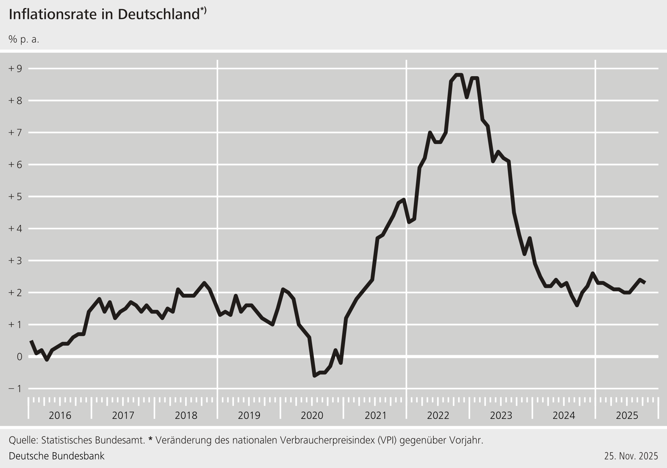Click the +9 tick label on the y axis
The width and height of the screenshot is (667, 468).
coord(15,68)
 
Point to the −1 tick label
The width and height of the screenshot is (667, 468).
coord(15,389)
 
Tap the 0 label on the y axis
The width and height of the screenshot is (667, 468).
coord(19,357)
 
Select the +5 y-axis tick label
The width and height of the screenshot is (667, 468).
coord(15,197)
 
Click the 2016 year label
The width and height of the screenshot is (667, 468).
coord(60,416)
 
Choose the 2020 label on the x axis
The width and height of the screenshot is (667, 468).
coord(312,416)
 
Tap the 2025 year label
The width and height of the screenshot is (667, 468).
coord(627,416)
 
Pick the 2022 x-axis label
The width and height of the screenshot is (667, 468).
coord(438,416)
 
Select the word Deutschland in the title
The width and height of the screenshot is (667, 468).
coord(159,14)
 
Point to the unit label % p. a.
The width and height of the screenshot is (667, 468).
coord(24,39)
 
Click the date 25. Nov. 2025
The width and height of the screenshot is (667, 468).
coord(631,456)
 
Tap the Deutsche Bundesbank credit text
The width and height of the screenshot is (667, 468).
coord(56,456)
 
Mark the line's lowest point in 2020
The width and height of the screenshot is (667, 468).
coord(314,376)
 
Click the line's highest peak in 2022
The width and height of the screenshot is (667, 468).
coord(458,75)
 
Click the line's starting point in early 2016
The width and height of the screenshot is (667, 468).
coord(31,341)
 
